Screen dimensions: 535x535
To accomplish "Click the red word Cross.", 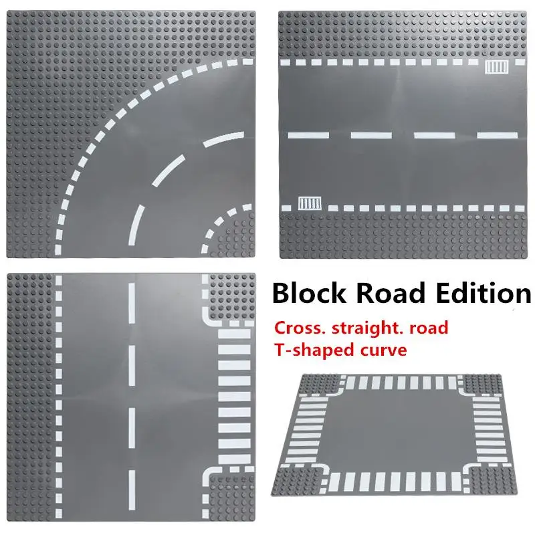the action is click(x=298, y=328).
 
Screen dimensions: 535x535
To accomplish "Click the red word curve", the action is click(x=384, y=350).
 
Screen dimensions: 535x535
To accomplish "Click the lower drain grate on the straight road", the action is click(x=309, y=202).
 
